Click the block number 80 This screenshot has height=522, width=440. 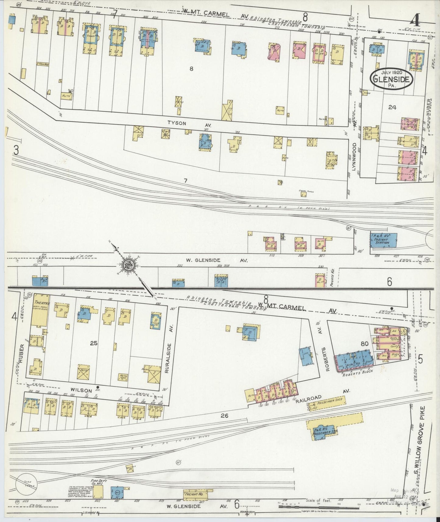tap(364, 344)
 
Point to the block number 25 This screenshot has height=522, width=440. tap(94, 343)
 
